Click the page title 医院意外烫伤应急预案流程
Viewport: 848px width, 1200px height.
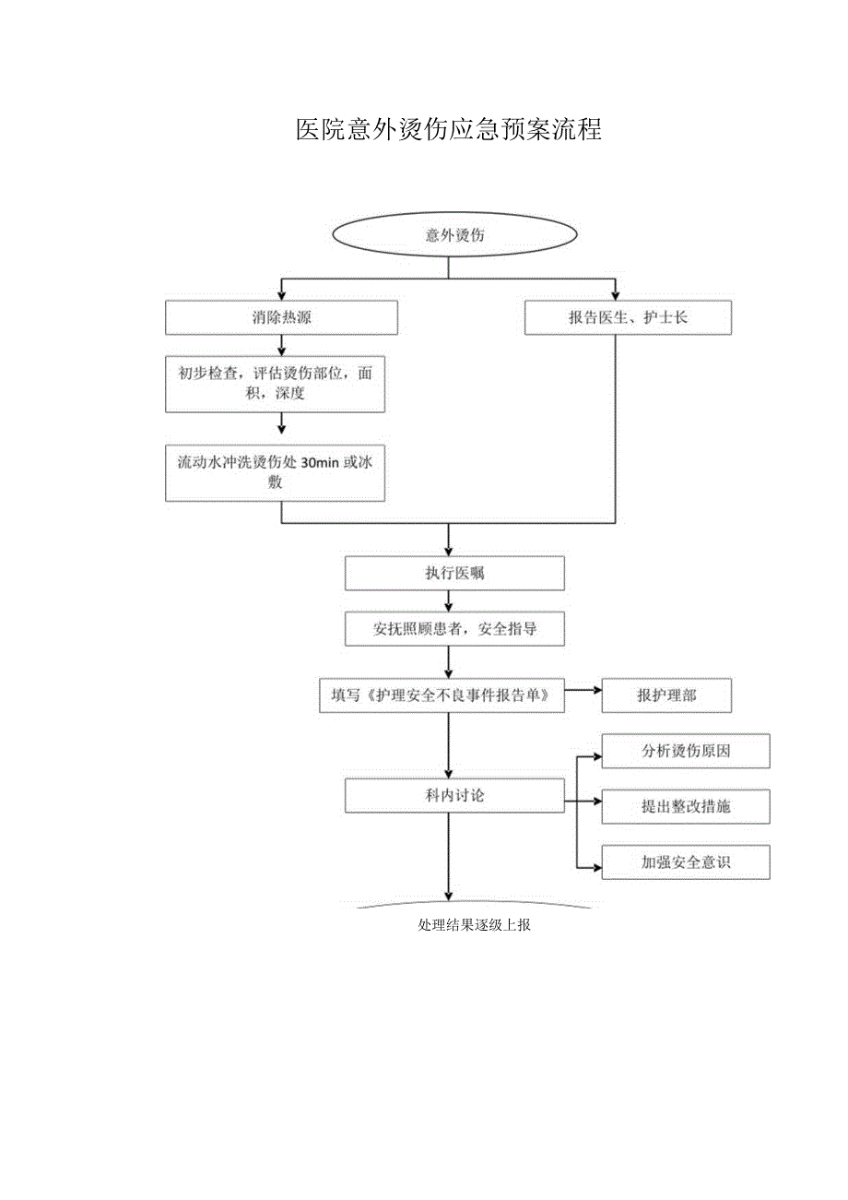coord(448,130)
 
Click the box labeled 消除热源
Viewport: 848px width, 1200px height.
coord(281,318)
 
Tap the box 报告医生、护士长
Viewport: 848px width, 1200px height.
coord(628,318)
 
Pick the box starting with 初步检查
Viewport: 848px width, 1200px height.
coord(275,385)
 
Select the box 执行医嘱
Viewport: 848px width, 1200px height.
coord(453,573)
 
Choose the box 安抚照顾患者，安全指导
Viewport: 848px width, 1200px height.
coord(453,630)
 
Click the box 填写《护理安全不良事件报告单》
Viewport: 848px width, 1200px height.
coord(441,695)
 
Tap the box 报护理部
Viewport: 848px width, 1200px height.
coord(665,695)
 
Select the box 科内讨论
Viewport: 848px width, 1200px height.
coord(453,795)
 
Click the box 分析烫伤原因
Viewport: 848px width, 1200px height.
coord(685,751)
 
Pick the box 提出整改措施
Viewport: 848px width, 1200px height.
coord(685,806)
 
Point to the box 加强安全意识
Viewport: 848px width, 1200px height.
coord(685,862)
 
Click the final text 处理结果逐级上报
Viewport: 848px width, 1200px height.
coord(474,925)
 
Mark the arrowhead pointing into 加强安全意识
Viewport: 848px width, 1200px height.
coord(596,867)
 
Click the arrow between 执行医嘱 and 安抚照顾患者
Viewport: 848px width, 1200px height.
coord(449,601)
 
